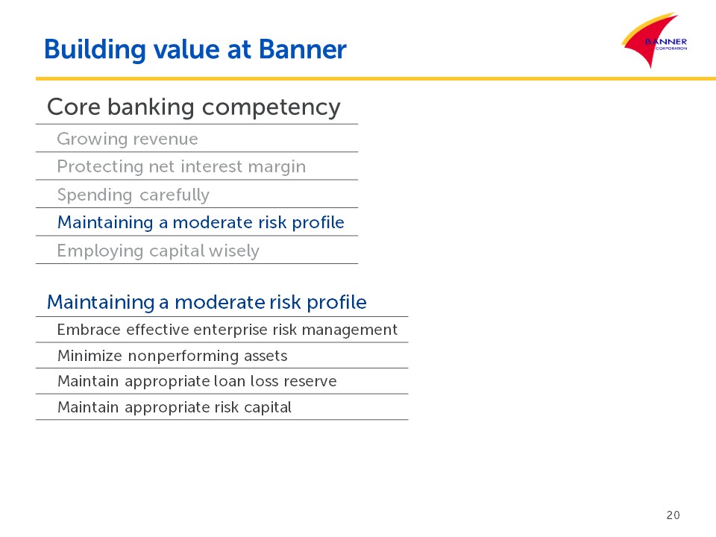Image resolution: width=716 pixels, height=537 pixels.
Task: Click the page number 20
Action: click(673, 515)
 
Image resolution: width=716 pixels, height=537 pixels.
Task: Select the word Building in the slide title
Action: click(95, 50)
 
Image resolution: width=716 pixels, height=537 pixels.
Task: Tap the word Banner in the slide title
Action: click(303, 49)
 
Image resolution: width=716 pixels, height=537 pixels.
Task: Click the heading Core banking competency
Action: click(194, 107)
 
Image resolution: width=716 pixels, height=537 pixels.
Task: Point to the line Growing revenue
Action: click(128, 139)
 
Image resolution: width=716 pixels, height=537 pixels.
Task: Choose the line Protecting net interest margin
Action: click(181, 167)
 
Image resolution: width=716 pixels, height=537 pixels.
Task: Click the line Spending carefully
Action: click(134, 195)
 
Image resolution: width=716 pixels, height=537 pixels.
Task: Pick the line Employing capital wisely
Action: click(158, 251)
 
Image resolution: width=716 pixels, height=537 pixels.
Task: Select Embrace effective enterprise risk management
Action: click(227, 330)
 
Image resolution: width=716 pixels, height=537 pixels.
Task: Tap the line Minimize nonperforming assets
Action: click(172, 356)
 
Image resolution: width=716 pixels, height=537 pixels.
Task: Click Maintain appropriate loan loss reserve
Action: click(197, 381)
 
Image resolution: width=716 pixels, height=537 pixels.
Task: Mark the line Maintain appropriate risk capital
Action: click(174, 407)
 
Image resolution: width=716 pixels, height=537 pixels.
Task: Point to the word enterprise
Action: click(231, 330)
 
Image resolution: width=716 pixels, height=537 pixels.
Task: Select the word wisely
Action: click(233, 251)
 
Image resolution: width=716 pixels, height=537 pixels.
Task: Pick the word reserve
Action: click(310, 382)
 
